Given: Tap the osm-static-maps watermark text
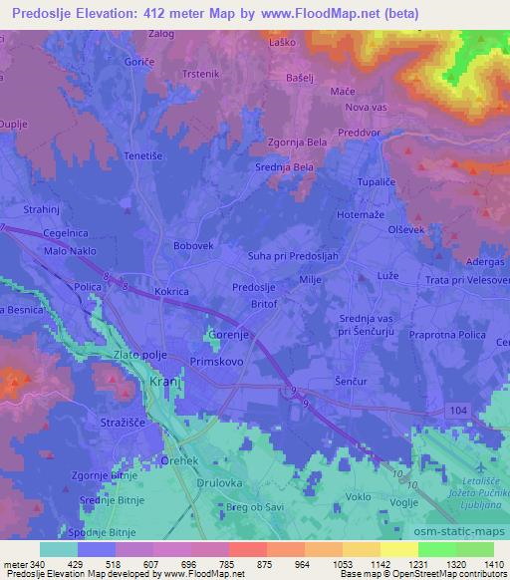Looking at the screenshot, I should pos(465,530).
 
